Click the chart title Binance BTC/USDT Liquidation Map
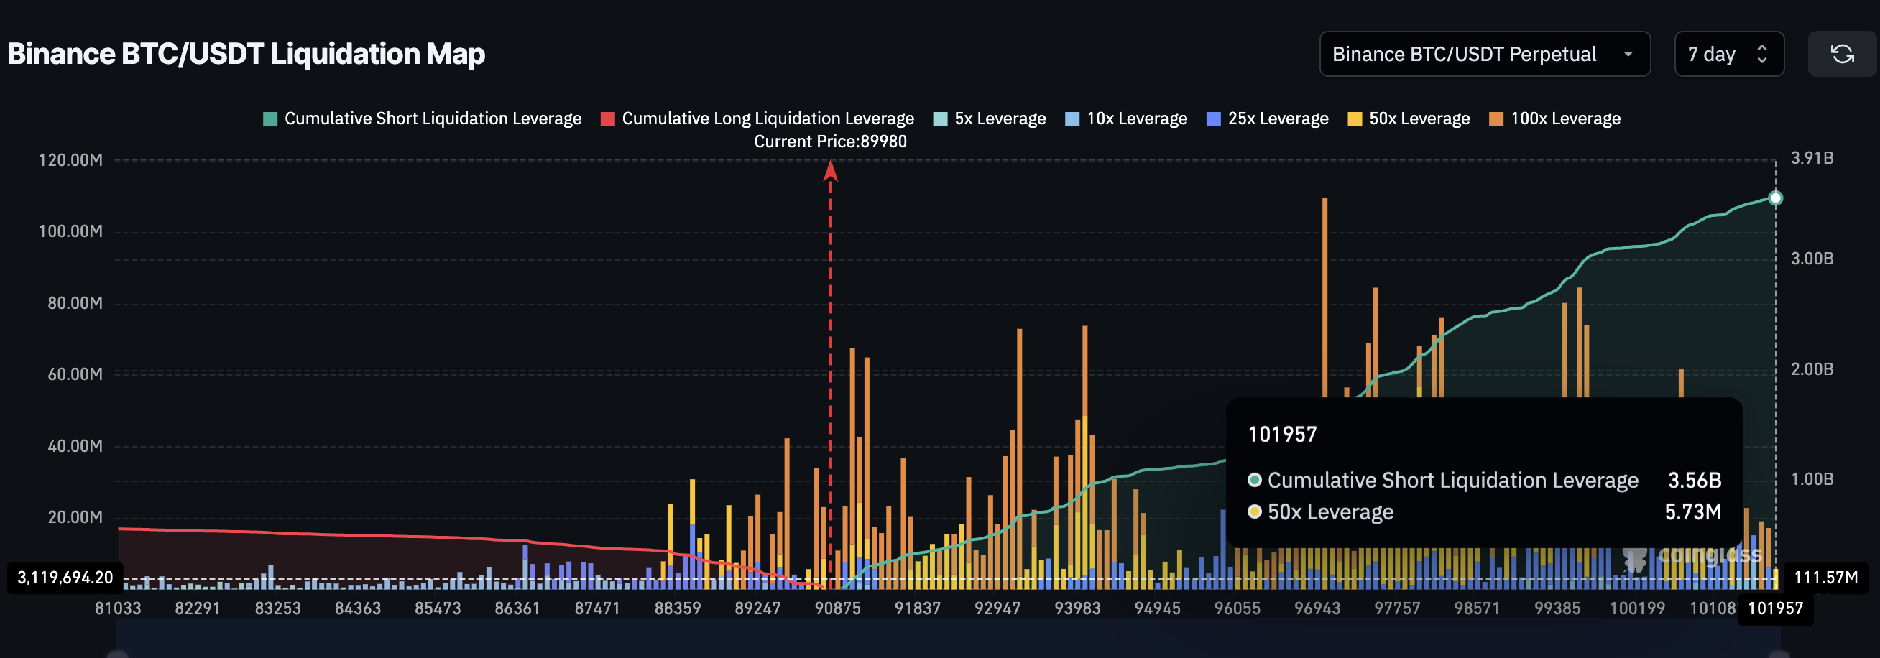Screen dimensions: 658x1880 [246, 54]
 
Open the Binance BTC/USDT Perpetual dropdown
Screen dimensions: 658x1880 [1484, 54]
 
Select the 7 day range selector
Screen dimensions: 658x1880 [1728, 54]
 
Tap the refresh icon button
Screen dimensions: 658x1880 [1841, 54]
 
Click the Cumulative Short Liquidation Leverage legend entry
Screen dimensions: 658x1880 [422, 119]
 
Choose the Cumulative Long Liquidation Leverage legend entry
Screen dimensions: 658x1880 [757, 119]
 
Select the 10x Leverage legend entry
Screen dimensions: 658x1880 [1126, 119]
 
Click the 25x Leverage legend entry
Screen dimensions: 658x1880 [1267, 119]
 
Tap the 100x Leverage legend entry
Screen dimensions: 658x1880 [1554, 119]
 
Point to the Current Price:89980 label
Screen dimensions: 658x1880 [830, 142]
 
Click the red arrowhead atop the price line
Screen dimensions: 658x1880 [830, 171]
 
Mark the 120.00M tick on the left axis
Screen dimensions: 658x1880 [71, 159]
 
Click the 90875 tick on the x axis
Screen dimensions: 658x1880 [837, 608]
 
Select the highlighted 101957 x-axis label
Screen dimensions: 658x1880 [1775, 608]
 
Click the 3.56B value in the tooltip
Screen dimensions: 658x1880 [1694, 480]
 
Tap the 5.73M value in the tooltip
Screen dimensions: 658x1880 [1692, 512]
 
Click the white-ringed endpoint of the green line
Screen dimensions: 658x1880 [1775, 198]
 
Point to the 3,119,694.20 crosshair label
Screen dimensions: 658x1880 [65, 578]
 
